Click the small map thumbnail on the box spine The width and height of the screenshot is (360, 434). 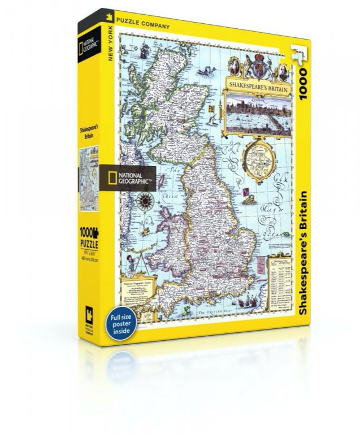88,170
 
